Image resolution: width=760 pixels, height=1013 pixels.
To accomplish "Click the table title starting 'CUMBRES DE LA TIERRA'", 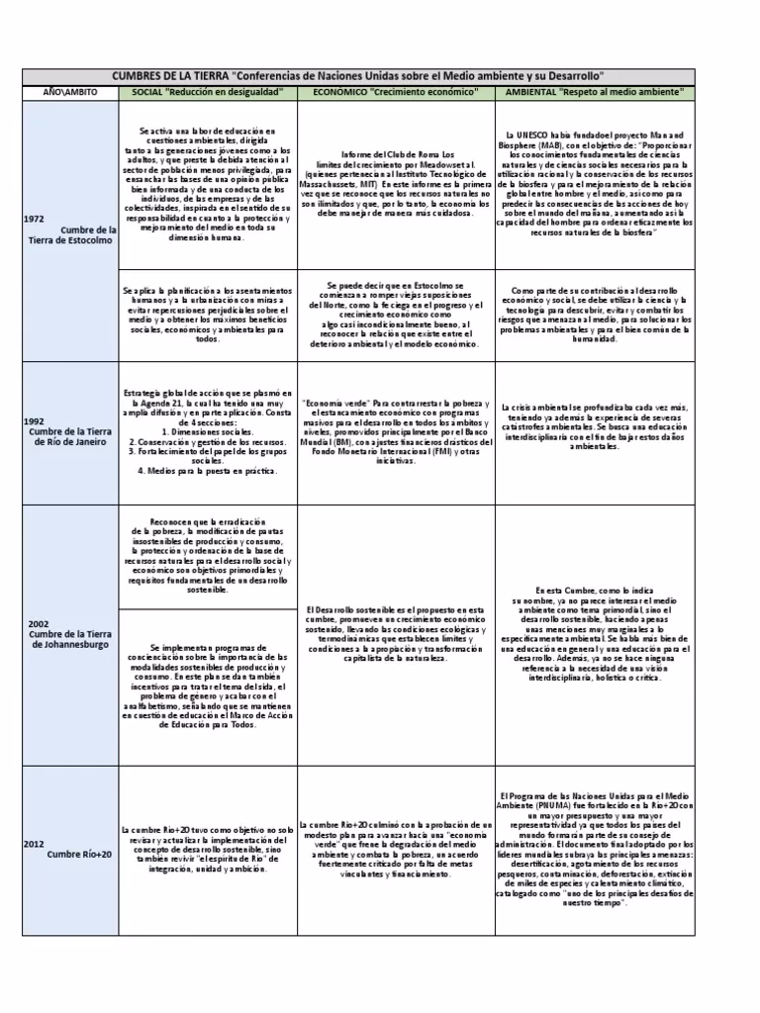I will point(359,76).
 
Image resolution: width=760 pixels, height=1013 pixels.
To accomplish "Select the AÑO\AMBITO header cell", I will point(67,92).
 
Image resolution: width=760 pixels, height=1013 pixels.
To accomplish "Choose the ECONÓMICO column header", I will point(396,92).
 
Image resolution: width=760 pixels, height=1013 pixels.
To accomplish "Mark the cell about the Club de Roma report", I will point(396,184).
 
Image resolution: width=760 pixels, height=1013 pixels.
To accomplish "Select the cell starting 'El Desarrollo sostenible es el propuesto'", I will point(396,634).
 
